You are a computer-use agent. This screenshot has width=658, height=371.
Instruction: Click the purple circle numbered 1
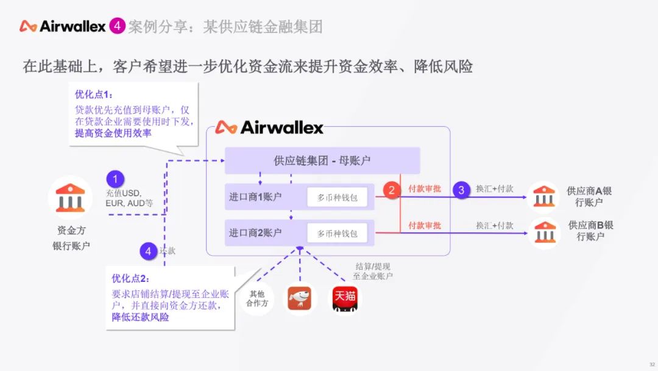coord(115,179)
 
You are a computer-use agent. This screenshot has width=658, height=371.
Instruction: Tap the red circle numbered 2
coord(392,190)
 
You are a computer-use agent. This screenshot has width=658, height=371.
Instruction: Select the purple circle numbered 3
coord(461,190)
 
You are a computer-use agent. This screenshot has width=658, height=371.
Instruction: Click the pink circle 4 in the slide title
coord(117,26)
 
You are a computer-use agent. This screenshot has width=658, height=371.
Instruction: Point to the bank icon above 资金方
coord(70,198)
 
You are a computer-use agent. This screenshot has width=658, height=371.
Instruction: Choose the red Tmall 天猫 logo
coord(344,299)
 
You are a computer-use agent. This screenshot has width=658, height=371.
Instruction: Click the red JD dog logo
coord(299,299)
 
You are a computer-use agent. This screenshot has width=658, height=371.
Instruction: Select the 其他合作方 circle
coord(256,298)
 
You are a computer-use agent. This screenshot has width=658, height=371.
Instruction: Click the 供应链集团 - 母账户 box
coord(322,160)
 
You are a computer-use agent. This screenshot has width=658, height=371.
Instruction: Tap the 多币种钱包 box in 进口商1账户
coord(337,197)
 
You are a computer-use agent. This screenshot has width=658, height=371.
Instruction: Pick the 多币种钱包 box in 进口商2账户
coord(337,232)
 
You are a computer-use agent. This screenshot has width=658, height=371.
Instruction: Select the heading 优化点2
coord(130,278)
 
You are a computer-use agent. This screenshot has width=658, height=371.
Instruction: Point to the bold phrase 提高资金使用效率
coord(113,133)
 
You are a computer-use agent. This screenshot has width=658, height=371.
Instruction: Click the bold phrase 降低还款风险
coord(140,317)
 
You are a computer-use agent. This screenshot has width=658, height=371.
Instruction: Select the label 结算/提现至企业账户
coord(373,272)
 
